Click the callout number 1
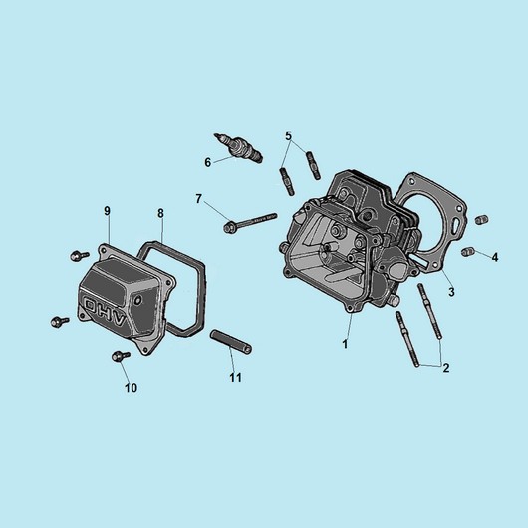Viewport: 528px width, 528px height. (x=345, y=344)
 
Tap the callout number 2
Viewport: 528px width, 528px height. (x=446, y=368)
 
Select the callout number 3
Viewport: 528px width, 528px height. (x=451, y=292)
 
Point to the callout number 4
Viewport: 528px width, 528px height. (x=495, y=257)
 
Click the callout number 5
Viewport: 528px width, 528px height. (x=288, y=136)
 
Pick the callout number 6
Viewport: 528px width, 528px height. (x=208, y=163)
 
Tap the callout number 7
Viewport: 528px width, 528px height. (x=198, y=199)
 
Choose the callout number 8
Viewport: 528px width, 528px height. (x=160, y=213)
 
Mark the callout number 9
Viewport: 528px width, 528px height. (x=107, y=211)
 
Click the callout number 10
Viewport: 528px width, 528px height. (x=131, y=388)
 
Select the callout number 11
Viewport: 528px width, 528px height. (x=236, y=378)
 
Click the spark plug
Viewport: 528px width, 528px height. (x=238, y=148)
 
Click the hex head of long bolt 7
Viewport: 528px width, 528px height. (x=229, y=226)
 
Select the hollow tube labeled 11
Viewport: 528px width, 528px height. (x=231, y=343)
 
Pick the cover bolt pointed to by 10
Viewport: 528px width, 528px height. (x=120, y=356)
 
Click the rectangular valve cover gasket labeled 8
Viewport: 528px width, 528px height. (x=203, y=296)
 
